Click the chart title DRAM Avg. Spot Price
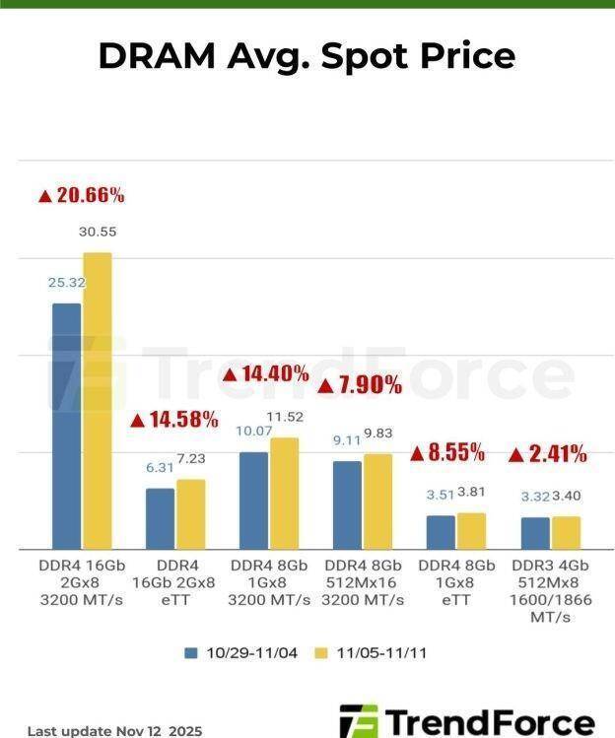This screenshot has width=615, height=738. point(307,56)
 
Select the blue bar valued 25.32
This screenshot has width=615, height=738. point(66,426)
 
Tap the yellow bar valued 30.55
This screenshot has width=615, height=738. point(97,401)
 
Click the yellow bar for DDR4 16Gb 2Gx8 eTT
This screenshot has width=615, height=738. point(190,514)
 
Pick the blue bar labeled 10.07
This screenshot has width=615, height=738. point(253,501)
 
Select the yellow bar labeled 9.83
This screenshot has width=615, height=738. point(377,502)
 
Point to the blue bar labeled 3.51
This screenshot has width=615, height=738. point(441,532)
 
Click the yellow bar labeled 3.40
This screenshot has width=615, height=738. point(566,533)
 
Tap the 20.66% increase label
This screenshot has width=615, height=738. point(82,195)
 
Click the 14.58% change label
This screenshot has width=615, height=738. point(174,420)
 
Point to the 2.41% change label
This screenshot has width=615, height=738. point(548,454)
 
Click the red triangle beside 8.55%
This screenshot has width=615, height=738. point(417,454)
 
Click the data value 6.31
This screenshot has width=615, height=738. point(160,468)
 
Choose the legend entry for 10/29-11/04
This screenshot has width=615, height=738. point(239,652)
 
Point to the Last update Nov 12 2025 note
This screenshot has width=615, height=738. point(114,731)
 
